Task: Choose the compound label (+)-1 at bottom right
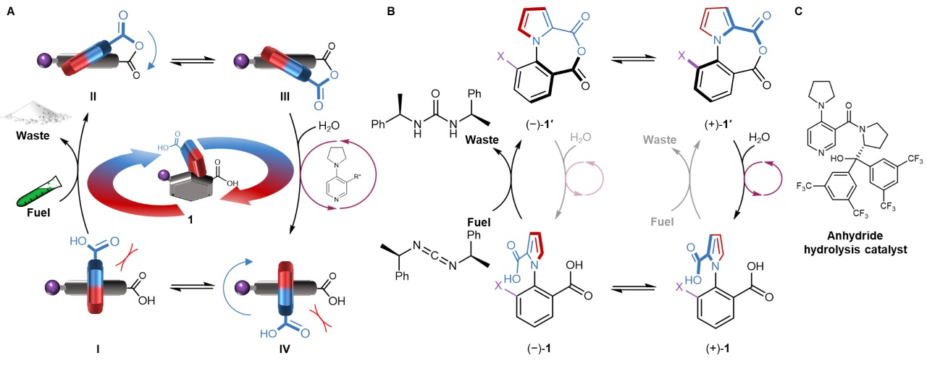coord(718,349)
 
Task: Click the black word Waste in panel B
coord(483,137)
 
